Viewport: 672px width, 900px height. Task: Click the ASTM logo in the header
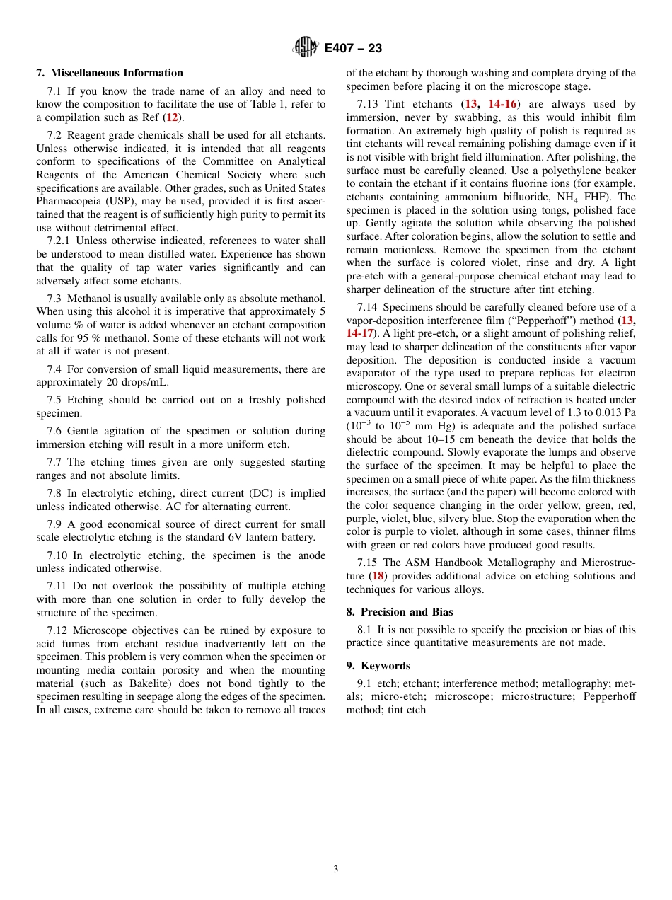tap(306, 47)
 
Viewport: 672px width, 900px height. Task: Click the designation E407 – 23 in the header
tap(353, 48)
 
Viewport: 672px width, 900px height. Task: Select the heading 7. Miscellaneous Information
tap(110, 73)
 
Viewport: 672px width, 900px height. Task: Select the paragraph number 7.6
tap(55, 431)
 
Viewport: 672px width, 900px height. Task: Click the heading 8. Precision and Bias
tap(399, 612)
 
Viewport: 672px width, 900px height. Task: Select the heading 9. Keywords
tap(378, 666)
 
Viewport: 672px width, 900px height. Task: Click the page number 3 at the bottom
tap(336, 869)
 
